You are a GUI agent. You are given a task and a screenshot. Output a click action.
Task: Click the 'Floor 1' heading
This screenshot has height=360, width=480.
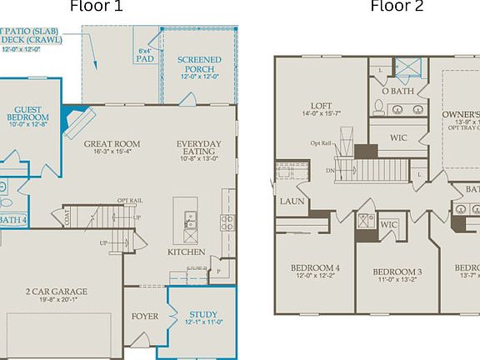pyautogui.click(x=97, y=7)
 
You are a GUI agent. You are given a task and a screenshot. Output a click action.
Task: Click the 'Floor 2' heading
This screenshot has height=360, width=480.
pyautogui.click(x=397, y=7)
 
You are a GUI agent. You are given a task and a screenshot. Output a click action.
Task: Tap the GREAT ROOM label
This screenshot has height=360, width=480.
pyautogui.click(x=112, y=144)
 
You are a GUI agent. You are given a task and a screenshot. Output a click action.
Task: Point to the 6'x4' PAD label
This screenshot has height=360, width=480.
pyautogui.click(x=144, y=55)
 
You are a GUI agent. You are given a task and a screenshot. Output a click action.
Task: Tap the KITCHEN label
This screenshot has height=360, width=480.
pyautogui.click(x=186, y=251)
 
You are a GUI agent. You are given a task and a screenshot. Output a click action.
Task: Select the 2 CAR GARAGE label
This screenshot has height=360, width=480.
pyautogui.click(x=57, y=292)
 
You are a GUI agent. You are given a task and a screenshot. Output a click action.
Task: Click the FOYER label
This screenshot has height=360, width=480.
pyautogui.click(x=144, y=317)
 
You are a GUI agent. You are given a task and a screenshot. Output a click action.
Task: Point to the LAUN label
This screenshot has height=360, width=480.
pyautogui.click(x=291, y=201)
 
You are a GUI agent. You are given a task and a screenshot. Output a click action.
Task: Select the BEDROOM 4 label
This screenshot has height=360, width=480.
pyautogui.click(x=315, y=267)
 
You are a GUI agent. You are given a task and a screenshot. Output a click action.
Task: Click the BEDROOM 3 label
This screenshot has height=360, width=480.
pyautogui.click(x=397, y=272)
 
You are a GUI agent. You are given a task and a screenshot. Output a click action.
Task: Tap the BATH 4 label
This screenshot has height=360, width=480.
pyautogui.click(x=12, y=220)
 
